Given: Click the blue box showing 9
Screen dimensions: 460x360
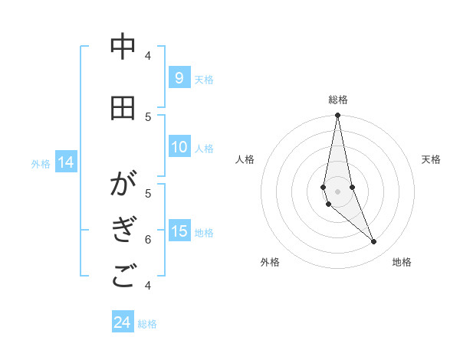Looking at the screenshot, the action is (179, 77).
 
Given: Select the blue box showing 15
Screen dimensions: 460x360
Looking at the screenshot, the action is (179, 231).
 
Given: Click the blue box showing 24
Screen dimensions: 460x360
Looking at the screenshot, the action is (122, 322).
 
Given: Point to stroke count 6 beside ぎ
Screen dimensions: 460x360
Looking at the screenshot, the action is (148, 239).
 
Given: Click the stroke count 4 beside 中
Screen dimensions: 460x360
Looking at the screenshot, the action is (148, 55).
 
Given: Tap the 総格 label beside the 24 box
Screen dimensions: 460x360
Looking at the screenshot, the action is (147, 324).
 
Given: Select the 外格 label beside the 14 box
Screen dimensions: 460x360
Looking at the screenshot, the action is (41, 163).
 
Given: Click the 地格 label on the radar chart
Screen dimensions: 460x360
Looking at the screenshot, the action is (402, 263).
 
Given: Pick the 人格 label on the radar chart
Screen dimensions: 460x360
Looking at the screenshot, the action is (245, 159).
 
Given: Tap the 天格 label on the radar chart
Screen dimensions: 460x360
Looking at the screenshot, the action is (431, 159).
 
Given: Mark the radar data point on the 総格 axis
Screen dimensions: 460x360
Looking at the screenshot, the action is (337, 116).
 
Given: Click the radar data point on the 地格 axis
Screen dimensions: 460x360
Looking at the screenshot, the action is (373, 241).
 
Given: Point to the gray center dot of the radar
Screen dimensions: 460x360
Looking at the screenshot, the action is (337, 191).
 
